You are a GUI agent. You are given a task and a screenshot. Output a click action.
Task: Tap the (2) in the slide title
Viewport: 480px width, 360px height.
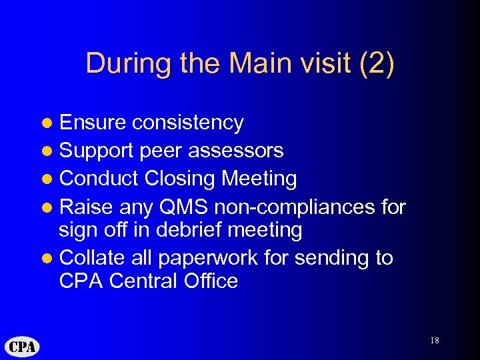(377, 63)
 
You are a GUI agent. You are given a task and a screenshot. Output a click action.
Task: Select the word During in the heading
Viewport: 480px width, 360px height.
(123, 63)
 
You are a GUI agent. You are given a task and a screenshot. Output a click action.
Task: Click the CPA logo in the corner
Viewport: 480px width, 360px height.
(23, 347)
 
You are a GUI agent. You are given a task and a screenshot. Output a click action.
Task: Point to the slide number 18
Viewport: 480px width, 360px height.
(434, 341)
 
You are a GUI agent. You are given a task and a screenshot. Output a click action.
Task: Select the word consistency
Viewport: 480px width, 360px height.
(187, 123)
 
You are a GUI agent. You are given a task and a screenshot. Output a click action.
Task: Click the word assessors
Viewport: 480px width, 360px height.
(236, 151)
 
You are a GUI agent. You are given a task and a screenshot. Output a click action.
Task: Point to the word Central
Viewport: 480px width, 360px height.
(142, 281)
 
